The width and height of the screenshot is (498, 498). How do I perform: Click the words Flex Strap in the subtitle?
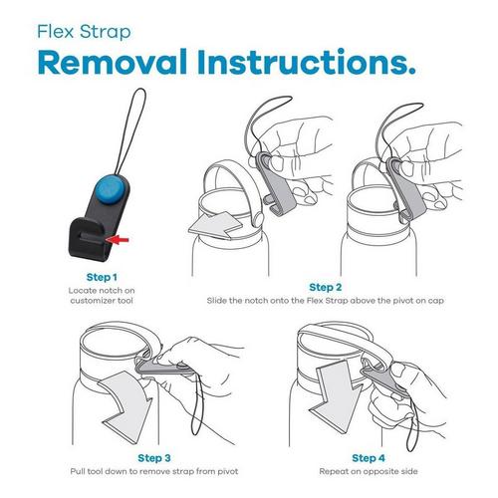point(84,32)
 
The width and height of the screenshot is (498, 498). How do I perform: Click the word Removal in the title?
point(113,62)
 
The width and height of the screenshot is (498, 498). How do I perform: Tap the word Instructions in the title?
point(306,62)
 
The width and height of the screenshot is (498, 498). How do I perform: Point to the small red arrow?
point(118,239)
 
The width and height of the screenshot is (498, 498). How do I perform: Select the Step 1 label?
point(102,277)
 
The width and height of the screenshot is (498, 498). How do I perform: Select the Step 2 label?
point(326,287)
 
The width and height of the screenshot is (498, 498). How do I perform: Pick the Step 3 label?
point(154,458)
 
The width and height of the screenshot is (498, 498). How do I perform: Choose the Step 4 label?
point(369,458)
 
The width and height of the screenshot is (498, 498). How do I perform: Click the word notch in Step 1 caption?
point(108,291)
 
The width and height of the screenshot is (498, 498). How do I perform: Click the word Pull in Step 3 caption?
point(78,471)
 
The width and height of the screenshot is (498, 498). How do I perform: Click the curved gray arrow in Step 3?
point(127,406)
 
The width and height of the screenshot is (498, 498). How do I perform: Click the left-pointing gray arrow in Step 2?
point(216,225)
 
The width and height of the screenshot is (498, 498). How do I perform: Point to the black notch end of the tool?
point(87,239)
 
